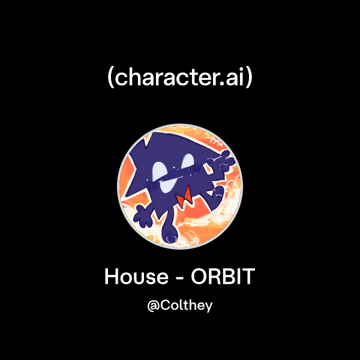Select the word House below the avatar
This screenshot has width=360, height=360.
click(x=136, y=277)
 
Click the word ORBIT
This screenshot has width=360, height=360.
click(x=223, y=277)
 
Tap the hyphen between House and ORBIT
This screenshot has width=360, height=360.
click(x=179, y=278)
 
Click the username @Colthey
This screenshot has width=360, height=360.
click(x=180, y=305)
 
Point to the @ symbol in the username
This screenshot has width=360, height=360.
click(x=152, y=305)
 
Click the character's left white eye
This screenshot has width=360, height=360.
click(x=160, y=170)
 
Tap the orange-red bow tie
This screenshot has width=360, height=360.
click(x=184, y=194)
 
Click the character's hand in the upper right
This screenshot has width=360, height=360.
click(x=222, y=158)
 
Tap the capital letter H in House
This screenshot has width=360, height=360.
click(x=112, y=277)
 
